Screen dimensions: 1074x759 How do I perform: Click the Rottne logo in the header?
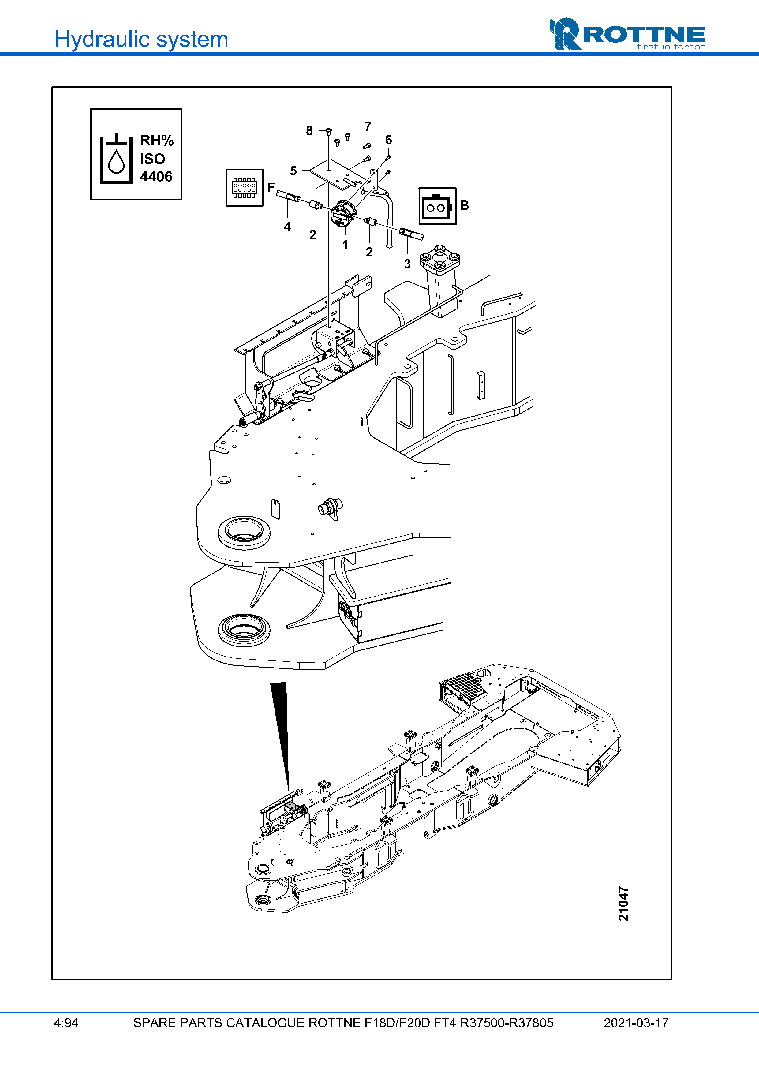(627, 34)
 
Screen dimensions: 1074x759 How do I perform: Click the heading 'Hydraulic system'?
(141, 39)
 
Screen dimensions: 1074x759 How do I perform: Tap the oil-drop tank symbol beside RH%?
(116, 159)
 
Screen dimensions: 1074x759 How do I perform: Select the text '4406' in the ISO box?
(156, 177)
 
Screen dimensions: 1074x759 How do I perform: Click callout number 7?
(368, 127)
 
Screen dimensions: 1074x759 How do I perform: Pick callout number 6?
(388, 140)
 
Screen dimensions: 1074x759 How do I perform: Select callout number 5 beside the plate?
(293, 171)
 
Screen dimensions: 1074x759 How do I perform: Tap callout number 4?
(287, 227)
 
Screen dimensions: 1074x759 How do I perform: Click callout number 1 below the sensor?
(345, 245)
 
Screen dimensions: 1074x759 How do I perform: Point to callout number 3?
(407, 264)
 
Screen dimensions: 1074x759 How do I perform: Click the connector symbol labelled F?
(244, 188)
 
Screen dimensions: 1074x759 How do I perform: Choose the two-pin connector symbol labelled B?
(437, 206)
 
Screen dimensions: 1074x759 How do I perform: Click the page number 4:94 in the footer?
(66, 1023)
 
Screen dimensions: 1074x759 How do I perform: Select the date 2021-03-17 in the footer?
(636, 1023)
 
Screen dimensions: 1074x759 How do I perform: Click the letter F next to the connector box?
(271, 187)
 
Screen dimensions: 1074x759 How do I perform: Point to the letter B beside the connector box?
(464, 205)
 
